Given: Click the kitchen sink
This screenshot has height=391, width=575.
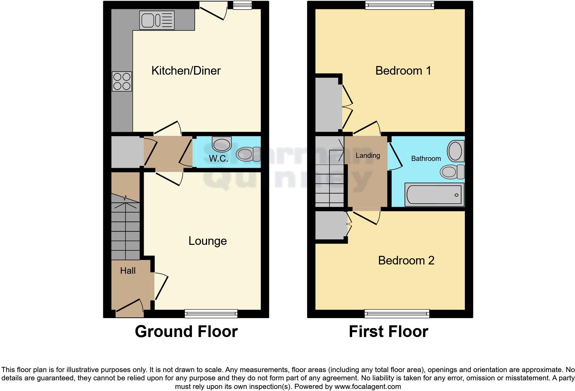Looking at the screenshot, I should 156,20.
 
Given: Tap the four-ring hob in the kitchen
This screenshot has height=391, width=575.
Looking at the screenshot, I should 122,82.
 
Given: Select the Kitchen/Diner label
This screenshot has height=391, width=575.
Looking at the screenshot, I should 186,70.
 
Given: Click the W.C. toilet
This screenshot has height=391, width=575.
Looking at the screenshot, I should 248,154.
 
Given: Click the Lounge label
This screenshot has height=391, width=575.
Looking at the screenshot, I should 207,241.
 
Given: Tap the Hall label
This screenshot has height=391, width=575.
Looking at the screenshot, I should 128,271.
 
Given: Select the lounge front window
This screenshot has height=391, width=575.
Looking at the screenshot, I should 211,313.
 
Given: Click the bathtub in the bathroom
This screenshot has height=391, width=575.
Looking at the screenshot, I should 434,195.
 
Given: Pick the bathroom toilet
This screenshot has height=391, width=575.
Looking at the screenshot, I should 452,172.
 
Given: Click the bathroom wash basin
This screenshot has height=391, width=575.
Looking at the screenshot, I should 456,151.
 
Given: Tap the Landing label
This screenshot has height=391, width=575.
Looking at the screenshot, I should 368,155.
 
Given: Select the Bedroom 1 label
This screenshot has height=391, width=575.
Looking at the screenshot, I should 403,70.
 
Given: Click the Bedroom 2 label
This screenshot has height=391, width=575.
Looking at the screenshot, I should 406,260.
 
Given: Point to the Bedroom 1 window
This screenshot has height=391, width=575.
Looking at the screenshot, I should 400,5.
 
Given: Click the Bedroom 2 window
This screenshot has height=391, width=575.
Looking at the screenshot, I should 397,313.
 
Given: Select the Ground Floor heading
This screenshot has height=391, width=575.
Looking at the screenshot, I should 186,332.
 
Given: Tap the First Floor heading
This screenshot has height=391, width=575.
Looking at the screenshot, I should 388,332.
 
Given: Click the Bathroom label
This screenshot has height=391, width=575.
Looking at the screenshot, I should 426,159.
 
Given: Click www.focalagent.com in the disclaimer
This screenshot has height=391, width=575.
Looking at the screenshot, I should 368,387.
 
